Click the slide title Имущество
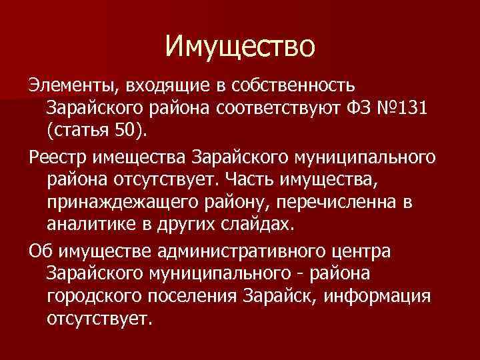point(239,46)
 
